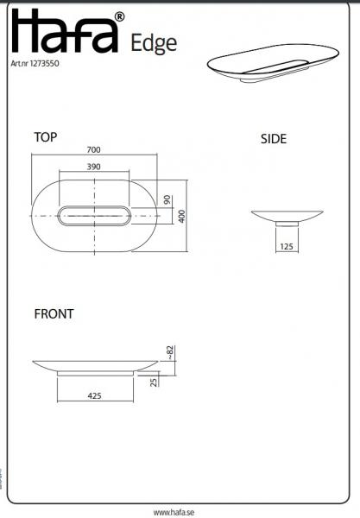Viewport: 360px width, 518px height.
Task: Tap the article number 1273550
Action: pos(37,63)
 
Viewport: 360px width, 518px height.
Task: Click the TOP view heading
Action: pos(46,136)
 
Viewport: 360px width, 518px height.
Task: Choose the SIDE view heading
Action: pos(274,139)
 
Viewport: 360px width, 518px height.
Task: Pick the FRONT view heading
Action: pos(54,314)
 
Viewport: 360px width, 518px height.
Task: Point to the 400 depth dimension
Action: pos(181,215)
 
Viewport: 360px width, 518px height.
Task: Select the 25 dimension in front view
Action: pos(154,381)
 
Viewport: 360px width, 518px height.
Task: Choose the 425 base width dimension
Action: pos(95,395)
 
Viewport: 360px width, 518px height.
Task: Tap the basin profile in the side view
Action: pos(287,216)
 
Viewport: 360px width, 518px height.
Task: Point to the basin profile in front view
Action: pos(95,366)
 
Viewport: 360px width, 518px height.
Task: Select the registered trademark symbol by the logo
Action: pos(119,16)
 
